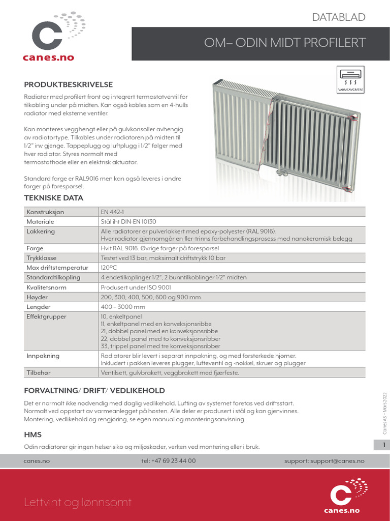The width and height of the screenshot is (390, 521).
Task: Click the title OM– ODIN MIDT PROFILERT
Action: coord(284,43)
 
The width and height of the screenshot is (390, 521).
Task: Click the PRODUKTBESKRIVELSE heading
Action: coord(69,84)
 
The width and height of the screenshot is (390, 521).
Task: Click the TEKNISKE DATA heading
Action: coord(54,198)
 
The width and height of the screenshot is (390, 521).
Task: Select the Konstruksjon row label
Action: coord(45,212)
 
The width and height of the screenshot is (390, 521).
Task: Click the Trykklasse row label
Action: coord(41,258)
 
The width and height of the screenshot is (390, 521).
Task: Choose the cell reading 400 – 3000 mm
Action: coord(123,307)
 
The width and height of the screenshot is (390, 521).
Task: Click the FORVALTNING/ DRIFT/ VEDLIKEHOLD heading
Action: coord(94,391)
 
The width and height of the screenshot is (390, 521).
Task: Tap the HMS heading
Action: coord(33,435)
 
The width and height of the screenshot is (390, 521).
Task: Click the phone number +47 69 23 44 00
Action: coord(169,461)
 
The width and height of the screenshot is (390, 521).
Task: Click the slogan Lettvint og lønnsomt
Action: coord(78,503)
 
